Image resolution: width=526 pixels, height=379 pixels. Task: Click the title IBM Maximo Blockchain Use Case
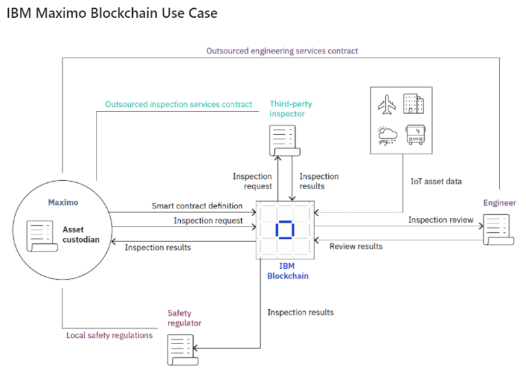pos(112,13)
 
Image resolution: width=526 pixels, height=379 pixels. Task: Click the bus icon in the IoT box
pos(415,134)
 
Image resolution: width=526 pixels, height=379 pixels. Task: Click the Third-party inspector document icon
pos(280,141)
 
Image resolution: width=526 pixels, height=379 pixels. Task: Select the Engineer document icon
pos(496,229)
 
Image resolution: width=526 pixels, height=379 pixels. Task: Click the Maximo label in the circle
pos(63,202)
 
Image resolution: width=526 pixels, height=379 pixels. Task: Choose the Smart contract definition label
pos(197,206)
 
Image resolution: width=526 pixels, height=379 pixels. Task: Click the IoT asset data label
pos(436,182)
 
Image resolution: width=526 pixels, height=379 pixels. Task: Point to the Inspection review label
pos(440,220)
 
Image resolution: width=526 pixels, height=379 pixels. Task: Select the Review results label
pos(356,246)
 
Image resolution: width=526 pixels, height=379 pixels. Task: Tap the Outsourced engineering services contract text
pos(282,51)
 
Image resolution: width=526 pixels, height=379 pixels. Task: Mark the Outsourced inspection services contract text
pos(178,104)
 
